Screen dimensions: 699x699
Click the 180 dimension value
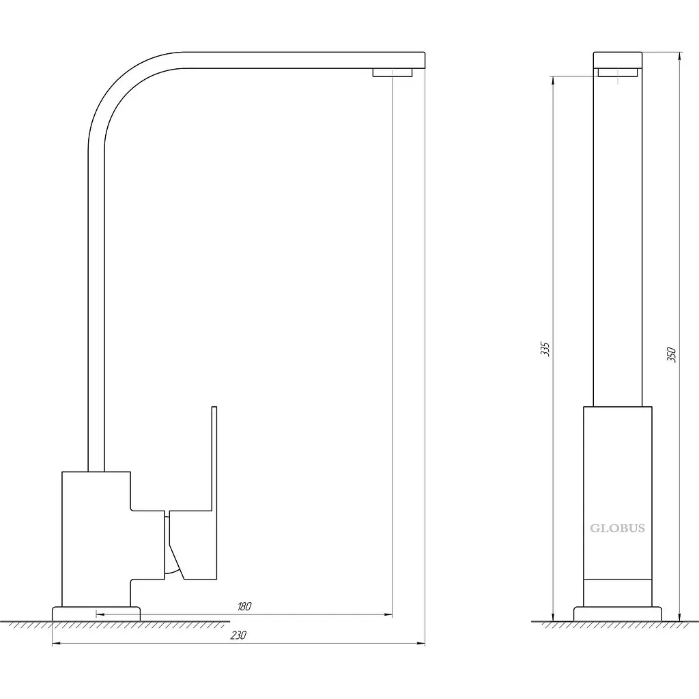(244, 606)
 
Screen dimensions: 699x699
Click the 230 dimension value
(238, 636)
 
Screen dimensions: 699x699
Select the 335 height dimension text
(545, 349)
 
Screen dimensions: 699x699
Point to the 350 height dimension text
(672, 354)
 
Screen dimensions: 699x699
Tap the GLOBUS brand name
(617, 528)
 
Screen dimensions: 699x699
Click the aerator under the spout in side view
(393, 72)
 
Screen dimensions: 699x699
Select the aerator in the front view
(617, 72)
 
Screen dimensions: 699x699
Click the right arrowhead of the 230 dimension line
(420, 643)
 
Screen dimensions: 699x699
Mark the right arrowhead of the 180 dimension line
(388, 614)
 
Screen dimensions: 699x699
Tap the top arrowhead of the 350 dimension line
(679, 56)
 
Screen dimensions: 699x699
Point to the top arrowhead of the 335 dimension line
(553, 81)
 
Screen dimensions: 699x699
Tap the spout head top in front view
(617, 60)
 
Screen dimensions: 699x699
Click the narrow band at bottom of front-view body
(617, 593)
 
